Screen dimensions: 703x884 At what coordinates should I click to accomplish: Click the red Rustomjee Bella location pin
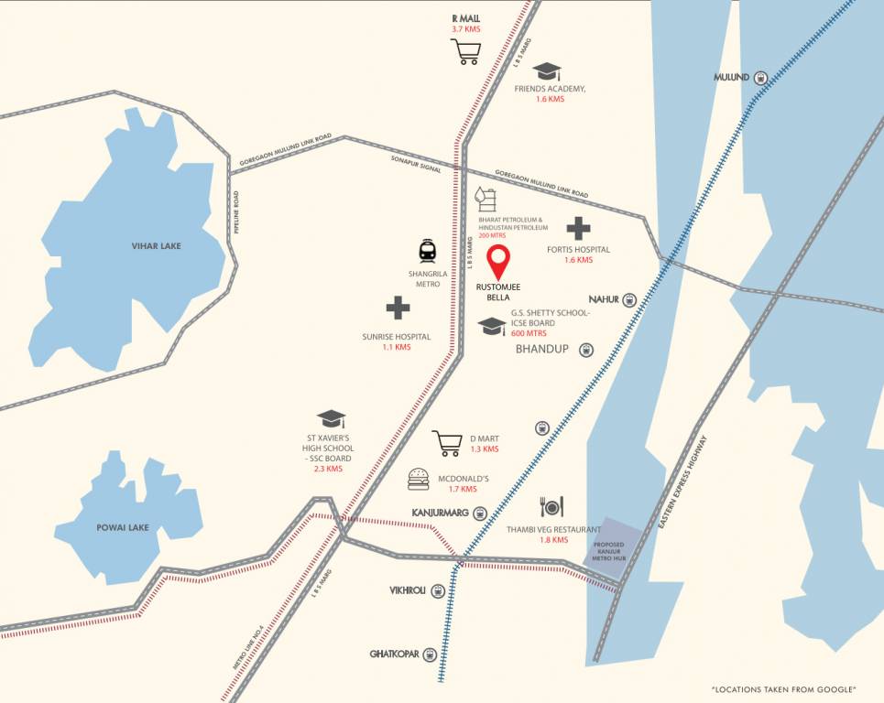pos(497,261)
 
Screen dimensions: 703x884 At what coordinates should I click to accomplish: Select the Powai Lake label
pos(123,527)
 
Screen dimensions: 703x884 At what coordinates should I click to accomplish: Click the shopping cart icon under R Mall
pos(466,52)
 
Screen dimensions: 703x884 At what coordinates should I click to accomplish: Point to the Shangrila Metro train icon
pos(427,251)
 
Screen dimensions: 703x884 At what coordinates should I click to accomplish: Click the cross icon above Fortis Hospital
pos(578,229)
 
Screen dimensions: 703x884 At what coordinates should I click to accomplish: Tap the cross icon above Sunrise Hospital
pos(398,308)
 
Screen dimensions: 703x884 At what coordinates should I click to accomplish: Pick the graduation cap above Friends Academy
pos(547,71)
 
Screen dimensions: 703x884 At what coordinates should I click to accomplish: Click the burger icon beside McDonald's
pos(419,478)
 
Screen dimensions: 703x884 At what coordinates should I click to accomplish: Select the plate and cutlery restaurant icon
pos(551,506)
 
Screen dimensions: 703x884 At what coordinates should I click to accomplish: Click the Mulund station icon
pos(761,78)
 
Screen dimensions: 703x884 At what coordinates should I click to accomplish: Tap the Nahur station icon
pos(629,299)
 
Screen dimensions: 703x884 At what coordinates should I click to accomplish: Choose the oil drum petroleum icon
pos(484,199)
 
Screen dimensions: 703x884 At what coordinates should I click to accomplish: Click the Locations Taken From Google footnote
pos(783,688)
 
